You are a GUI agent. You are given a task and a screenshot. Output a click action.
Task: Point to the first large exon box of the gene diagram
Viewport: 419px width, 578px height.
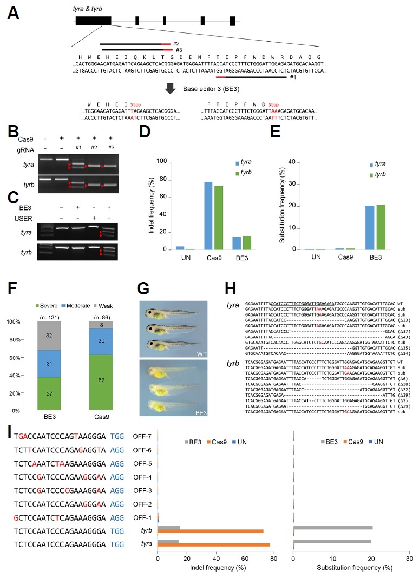click(x=93, y=21)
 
